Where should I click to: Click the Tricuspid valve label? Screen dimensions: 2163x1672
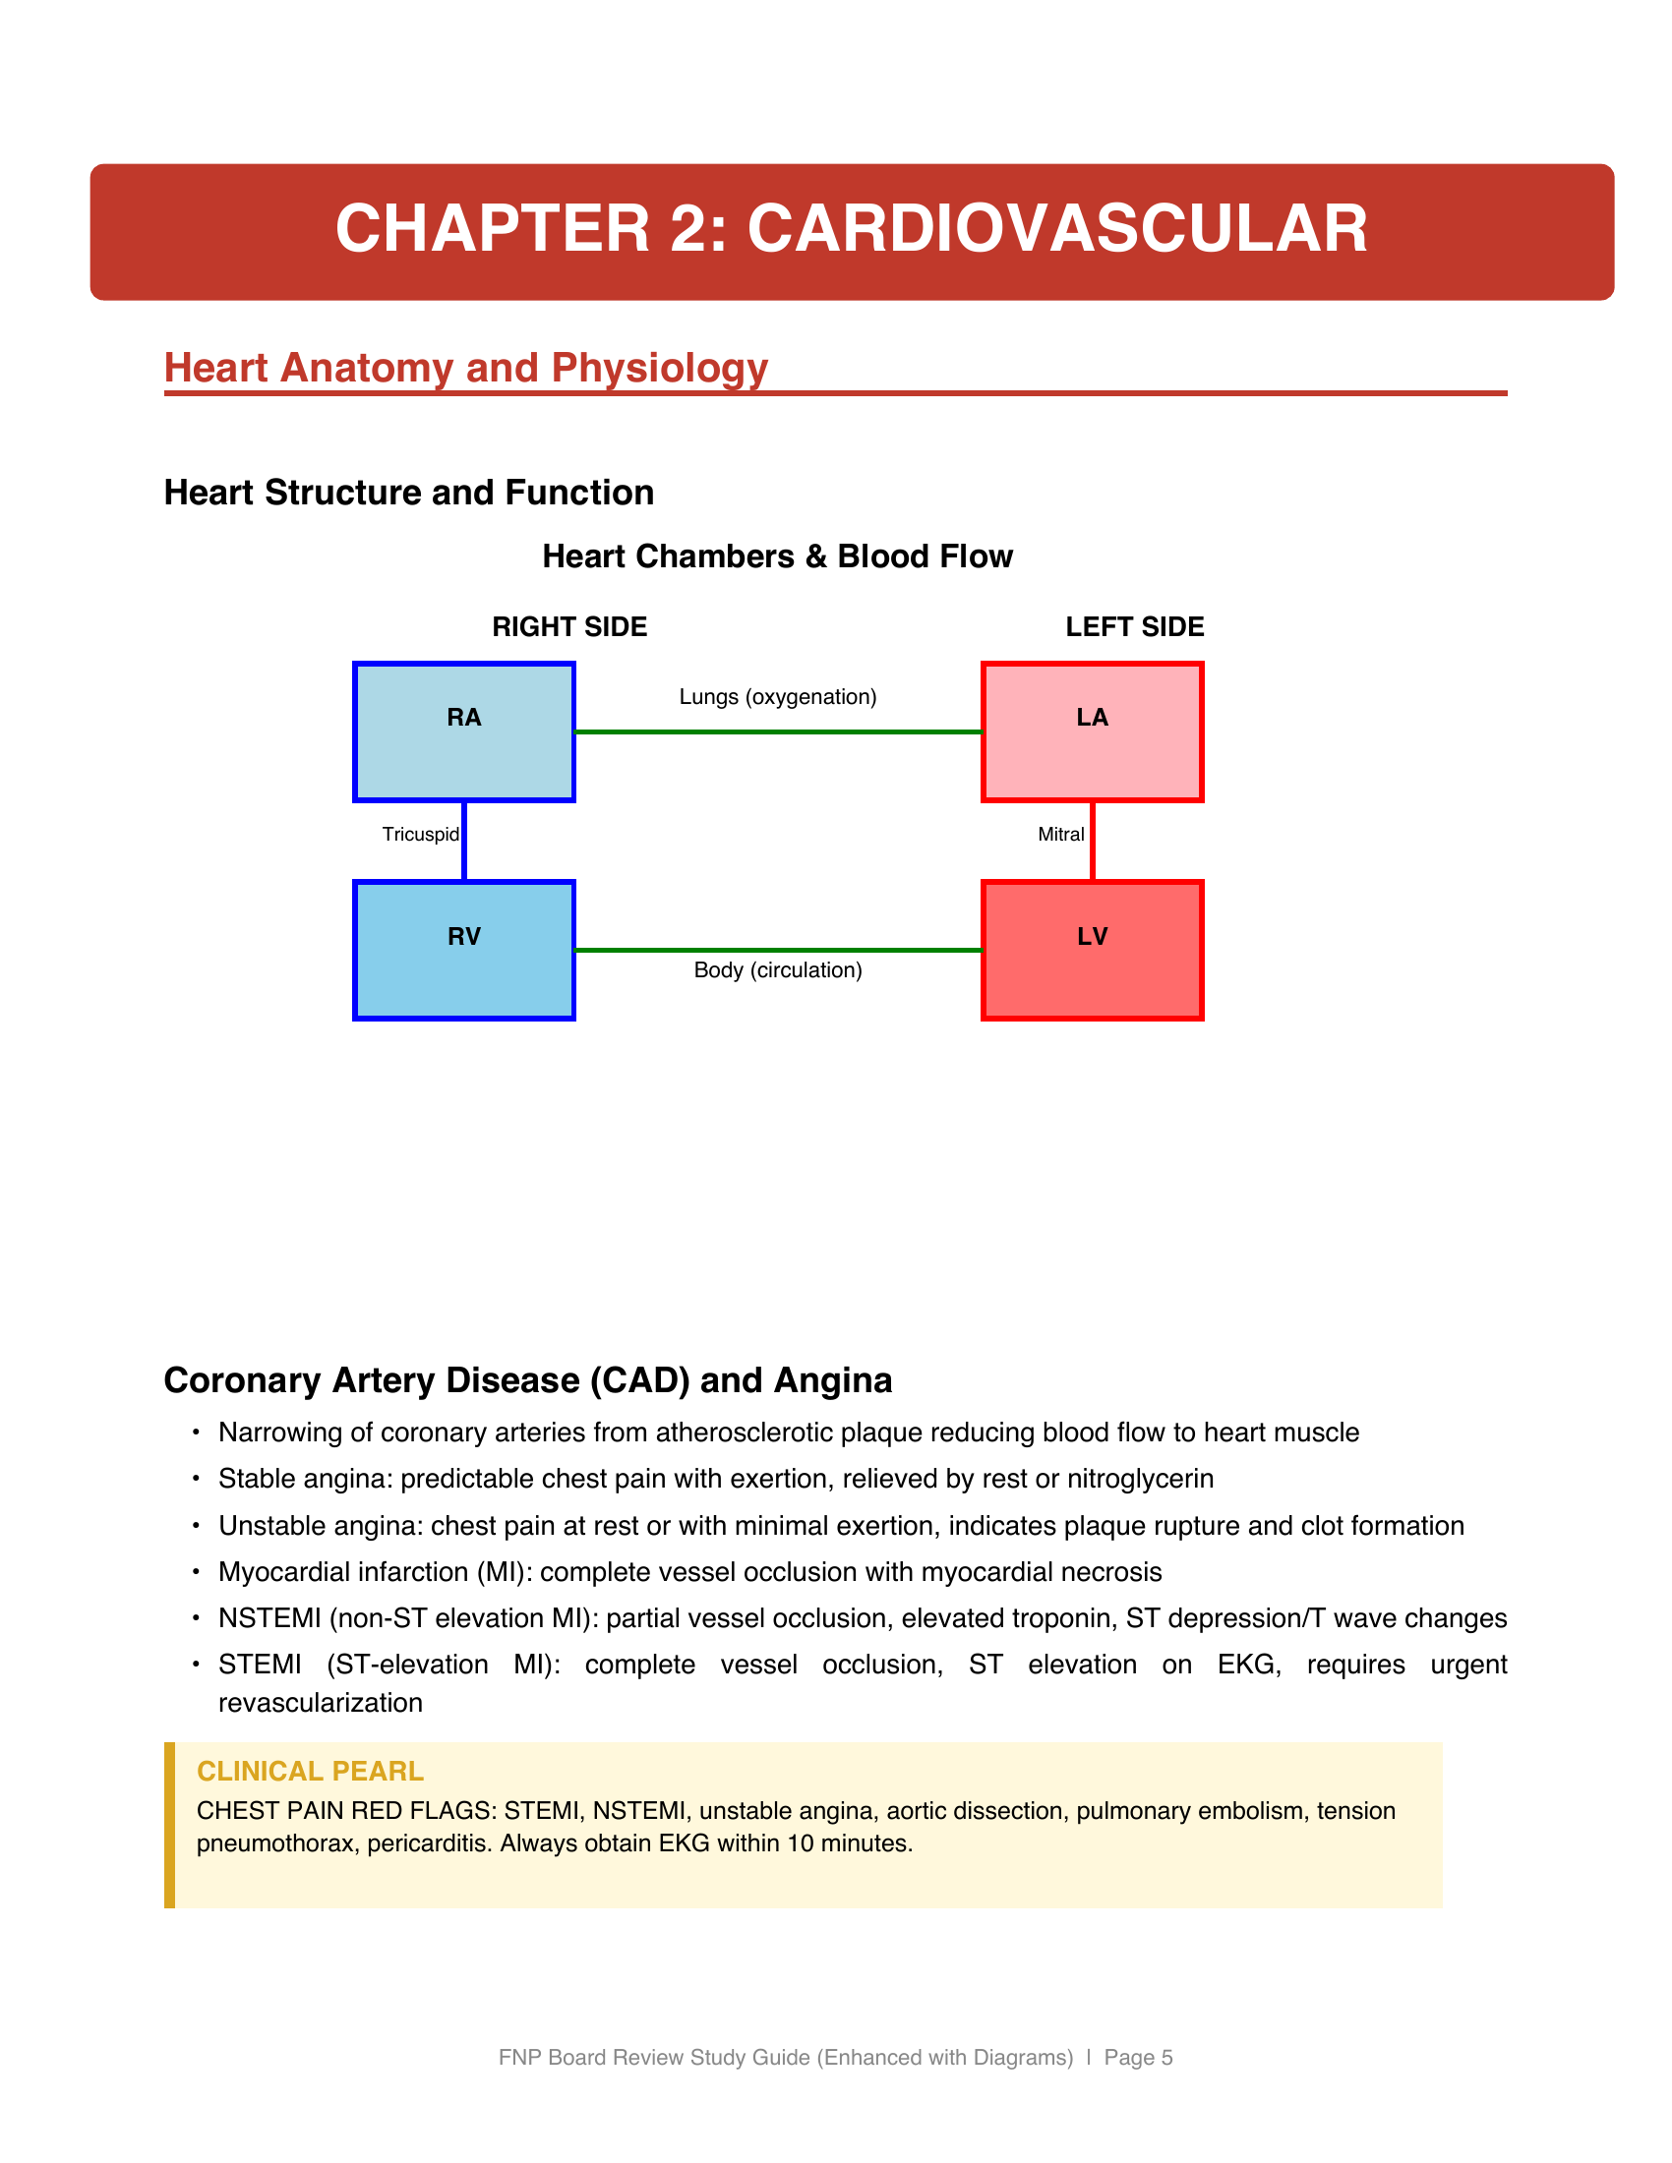pos(420,834)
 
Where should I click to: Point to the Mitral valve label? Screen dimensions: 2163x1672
pos(1061,834)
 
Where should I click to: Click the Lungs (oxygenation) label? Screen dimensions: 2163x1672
pos(778,697)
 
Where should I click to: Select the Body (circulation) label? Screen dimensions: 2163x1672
pos(778,970)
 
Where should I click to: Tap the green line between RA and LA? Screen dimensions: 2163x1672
pos(778,731)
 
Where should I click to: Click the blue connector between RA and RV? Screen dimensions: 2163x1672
pos(464,841)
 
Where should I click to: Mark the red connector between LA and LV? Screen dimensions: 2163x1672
pos(1093,841)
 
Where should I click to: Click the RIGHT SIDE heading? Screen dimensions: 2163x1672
pos(569,627)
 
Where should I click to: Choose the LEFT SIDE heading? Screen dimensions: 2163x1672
pos(1134,627)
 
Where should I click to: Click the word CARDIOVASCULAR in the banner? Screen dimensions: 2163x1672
pos(1057,229)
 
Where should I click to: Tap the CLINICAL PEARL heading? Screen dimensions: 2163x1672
pos(310,1771)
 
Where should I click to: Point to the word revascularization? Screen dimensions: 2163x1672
pos(320,1703)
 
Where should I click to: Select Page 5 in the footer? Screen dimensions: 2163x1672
pos(1138,2057)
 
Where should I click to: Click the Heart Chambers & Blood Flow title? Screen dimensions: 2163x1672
pos(778,556)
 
